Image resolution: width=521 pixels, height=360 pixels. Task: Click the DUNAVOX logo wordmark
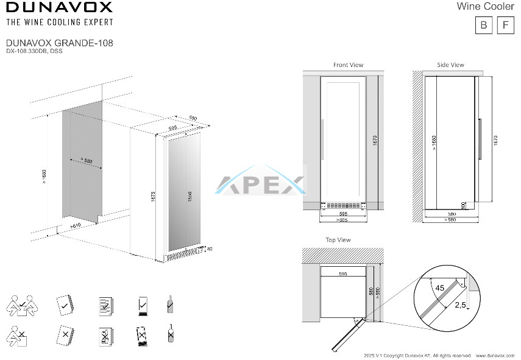pos(59,8)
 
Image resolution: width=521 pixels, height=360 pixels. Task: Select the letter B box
pos(484,25)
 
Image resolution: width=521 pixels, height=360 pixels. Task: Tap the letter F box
pos(506,25)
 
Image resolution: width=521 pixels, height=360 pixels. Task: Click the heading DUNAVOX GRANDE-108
pos(59,43)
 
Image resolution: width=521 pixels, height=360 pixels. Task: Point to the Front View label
pos(348,65)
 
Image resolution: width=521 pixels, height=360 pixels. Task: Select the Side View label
pos(450,65)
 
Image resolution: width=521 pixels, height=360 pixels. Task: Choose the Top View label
pos(338,240)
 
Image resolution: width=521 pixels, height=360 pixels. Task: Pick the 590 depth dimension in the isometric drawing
pos(193,118)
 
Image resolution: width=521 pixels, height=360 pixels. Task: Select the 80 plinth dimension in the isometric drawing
pos(210,249)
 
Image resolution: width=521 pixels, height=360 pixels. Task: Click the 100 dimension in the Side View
pos(464,206)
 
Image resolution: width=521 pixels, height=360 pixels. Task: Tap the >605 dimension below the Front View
pos(343,219)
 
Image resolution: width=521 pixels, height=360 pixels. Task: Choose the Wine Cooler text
pos(485,7)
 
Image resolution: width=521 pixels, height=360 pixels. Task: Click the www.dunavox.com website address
pos(495,355)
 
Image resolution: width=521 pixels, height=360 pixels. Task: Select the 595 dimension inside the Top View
pos(343,275)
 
